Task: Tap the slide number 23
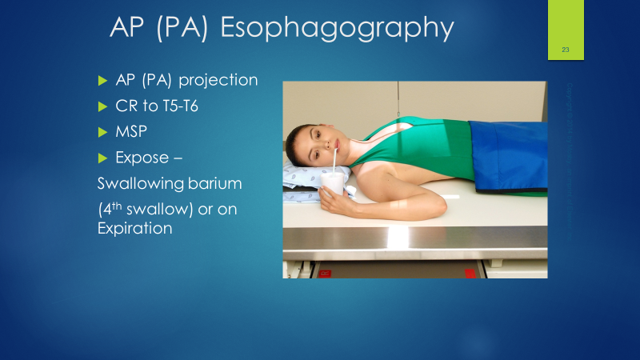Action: [x=565, y=50]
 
